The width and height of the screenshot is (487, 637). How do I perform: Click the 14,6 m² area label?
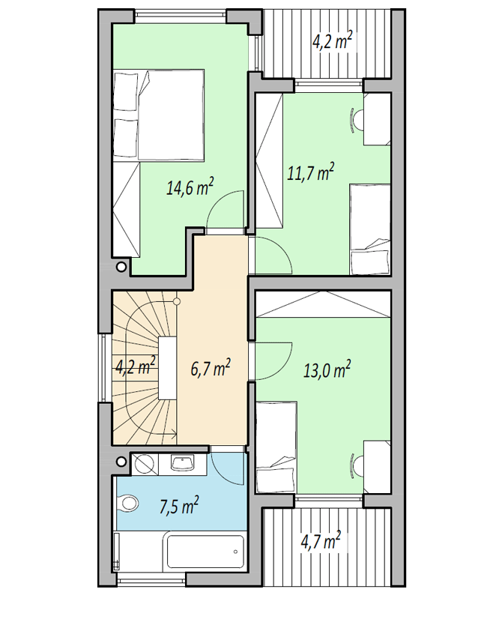click(190, 187)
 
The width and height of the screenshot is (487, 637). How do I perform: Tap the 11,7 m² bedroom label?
click(311, 172)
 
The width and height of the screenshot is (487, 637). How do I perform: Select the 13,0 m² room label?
click(327, 369)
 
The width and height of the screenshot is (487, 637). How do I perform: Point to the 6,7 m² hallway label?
click(211, 368)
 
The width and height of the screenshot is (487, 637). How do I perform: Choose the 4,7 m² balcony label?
click(320, 541)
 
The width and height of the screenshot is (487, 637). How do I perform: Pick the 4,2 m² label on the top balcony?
click(331, 40)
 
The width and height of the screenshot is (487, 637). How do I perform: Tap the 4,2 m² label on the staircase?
click(136, 366)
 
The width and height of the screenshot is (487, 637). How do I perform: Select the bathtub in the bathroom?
click(205, 552)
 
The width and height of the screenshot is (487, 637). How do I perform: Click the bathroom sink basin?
click(183, 462)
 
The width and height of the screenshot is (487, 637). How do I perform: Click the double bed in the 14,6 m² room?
click(159, 115)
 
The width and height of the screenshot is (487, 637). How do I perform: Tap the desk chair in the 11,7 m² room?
click(357, 119)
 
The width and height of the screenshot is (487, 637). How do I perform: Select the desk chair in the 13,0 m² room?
click(357, 465)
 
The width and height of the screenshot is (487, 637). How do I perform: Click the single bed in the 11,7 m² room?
click(370, 229)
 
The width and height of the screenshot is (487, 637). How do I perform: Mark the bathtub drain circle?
click(235, 552)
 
